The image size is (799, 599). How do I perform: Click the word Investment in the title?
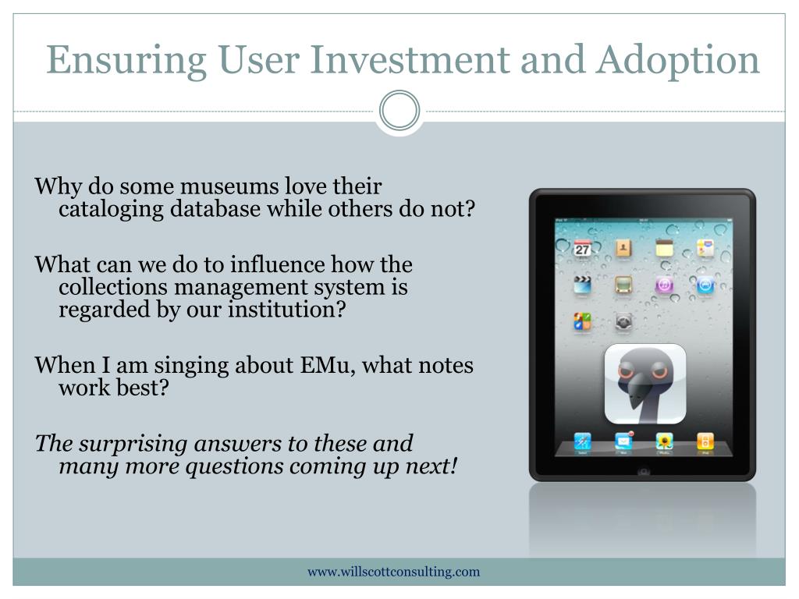[409, 60]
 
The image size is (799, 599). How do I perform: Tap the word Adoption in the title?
[679, 61]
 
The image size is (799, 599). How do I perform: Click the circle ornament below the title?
[399, 111]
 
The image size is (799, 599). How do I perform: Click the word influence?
[277, 264]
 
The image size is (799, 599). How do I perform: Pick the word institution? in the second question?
[287, 309]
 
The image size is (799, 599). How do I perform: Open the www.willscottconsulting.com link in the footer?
[394, 572]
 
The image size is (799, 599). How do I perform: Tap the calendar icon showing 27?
[582, 249]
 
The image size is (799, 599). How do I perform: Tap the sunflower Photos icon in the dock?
[664, 441]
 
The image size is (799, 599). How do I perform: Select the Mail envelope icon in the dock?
[623, 441]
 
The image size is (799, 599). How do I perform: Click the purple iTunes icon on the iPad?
[664, 285]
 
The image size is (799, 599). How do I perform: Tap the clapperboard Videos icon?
[582, 285]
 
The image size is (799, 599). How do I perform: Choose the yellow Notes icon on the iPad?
[664, 248]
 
